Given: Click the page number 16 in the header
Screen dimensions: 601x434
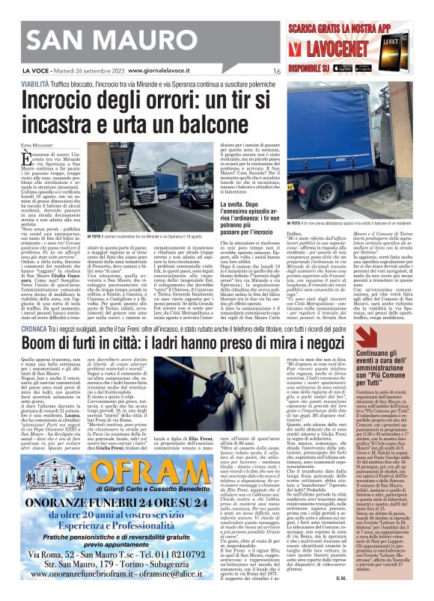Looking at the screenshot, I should (277, 71).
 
